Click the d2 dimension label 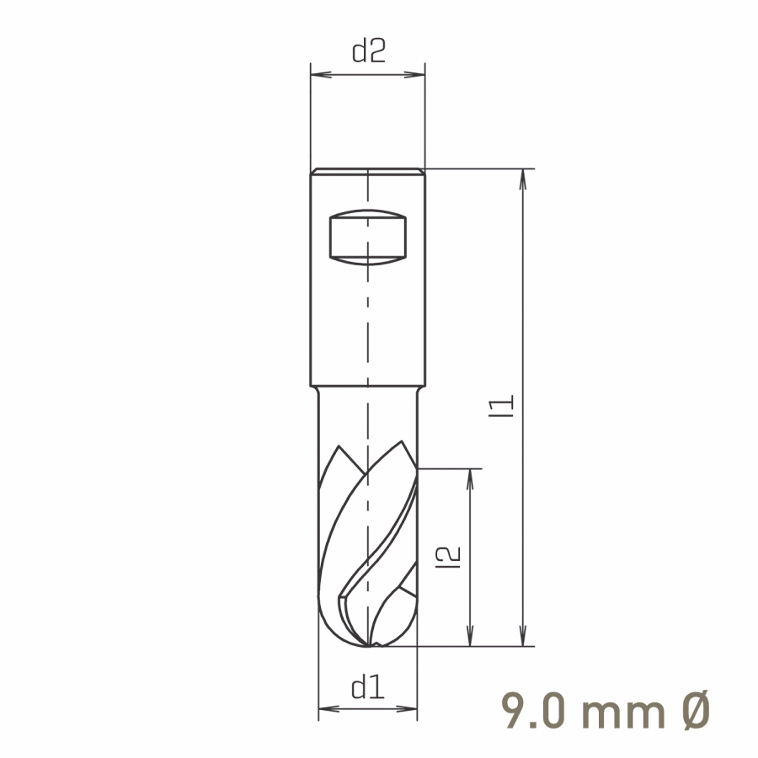tap(369, 51)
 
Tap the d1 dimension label tap(368, 687)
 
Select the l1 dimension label tap(501, 406)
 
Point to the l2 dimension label tap(448, 557)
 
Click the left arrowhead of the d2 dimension tap(321, 75)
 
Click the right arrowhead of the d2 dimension tap(414, 75)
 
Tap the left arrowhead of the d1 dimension tap(329, 709)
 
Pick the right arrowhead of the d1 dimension tap(407, 709)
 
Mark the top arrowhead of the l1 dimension tap(522, 179)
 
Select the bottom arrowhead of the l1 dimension tap(522, 635)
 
